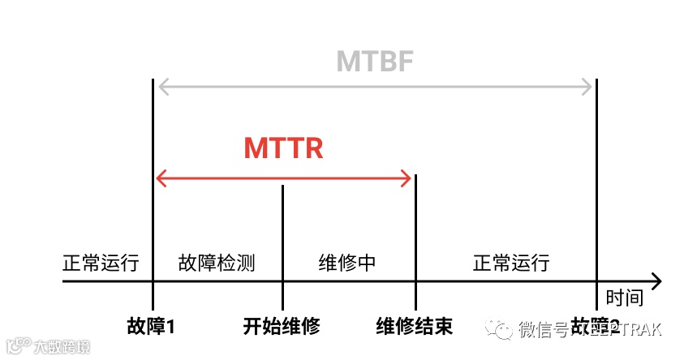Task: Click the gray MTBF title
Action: coord(375,62)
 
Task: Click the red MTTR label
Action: coord(283,148)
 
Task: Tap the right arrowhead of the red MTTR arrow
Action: coord(408,178)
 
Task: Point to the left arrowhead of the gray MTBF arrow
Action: coord(161,86)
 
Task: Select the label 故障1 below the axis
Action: coord(152,326)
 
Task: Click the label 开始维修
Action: coord(282,326)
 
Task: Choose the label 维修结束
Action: coord(415,326)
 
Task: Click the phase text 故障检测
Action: coord(217,263)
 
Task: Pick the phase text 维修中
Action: coord(347,263)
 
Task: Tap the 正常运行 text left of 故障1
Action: coord(101,263)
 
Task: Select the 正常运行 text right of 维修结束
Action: coord(511,263)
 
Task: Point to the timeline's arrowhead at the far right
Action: coord(656,281)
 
